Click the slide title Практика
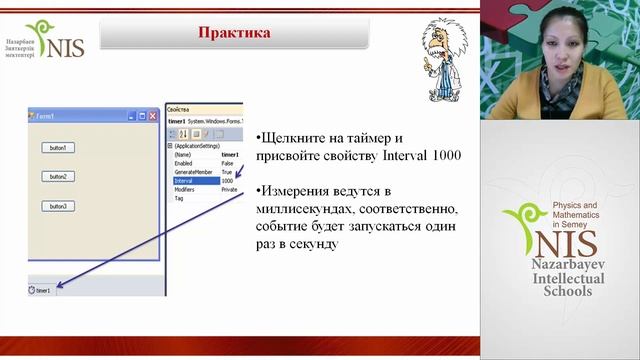coord(234,33)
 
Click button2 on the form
coord(58,176)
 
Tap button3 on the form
coord(58,206)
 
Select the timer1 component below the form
coord(40,290)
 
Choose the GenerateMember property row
coord(190,172)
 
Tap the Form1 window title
coord(45,116)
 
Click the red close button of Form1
coord(153,116)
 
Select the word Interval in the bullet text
coord(407,156)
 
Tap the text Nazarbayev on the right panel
coord(567,265)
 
